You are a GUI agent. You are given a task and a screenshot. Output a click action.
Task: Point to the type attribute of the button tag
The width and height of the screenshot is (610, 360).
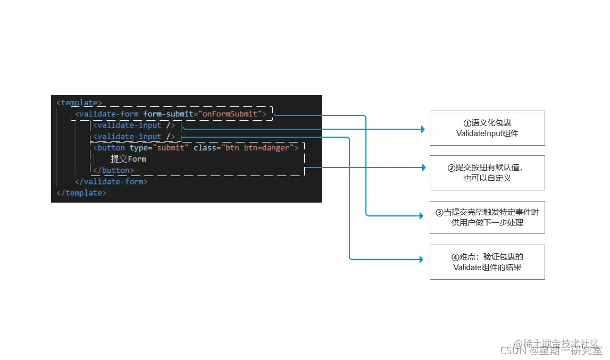(x=139, y=148)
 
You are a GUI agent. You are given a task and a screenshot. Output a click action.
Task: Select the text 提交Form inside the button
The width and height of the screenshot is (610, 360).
(x=128, y=159)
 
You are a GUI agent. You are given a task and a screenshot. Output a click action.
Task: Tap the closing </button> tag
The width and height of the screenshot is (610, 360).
(x=113, y=170)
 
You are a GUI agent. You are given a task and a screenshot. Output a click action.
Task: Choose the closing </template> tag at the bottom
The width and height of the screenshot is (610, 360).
(x=81, y=192)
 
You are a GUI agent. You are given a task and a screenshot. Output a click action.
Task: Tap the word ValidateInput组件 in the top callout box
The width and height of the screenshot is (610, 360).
(x=487, y=133)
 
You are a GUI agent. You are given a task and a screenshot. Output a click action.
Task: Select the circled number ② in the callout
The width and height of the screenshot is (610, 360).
(x=451, y=168)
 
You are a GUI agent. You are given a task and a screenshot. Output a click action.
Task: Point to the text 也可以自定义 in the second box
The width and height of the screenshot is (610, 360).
(x=487, y=178)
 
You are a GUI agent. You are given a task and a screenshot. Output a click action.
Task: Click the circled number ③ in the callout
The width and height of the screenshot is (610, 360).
(x=439, y=212)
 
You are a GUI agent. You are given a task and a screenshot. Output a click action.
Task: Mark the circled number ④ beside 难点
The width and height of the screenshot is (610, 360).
(x=455, y=257)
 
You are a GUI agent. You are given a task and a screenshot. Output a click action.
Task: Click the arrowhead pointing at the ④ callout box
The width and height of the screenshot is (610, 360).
(x=422, y=259)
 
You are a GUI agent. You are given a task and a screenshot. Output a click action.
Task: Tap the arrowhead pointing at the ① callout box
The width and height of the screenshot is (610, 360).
(x=423, y=129)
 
